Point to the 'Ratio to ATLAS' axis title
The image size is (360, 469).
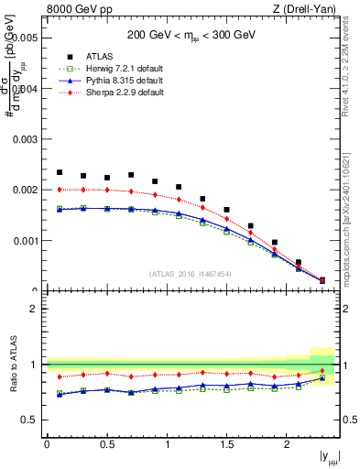point(12,370)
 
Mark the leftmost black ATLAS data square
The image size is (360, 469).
point(60,172)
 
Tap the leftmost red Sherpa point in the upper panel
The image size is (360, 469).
point(60,190)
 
